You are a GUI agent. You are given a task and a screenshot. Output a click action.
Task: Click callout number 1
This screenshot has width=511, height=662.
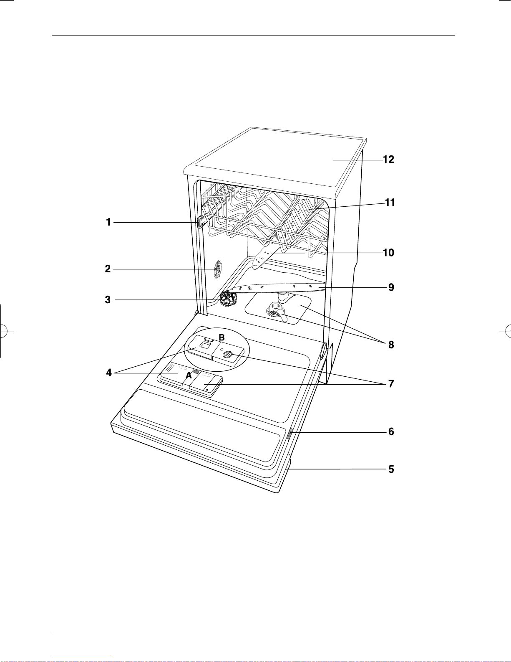(108, 222)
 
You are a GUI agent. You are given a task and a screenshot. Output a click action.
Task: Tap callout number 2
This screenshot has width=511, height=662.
(108, 269)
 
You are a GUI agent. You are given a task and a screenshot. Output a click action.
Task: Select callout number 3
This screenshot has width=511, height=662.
(108, 299)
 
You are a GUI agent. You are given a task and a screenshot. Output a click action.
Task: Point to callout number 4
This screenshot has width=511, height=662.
(109, 372)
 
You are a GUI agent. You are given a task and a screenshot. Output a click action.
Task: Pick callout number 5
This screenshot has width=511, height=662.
(391, 469)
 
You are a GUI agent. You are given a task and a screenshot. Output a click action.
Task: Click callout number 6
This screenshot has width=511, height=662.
(391, 431)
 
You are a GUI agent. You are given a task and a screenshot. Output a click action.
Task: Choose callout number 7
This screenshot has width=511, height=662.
(391, 383)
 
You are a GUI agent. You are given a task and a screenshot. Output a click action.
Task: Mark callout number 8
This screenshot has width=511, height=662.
(391, 345)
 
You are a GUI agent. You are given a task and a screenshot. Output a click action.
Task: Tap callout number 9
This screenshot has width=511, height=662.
(391, 287)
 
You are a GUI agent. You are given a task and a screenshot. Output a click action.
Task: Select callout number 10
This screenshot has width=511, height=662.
(388, 252)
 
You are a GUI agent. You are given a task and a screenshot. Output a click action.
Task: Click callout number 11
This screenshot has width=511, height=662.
(390, 202)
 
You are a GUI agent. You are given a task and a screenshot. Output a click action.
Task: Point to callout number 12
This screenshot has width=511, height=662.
(388, 159)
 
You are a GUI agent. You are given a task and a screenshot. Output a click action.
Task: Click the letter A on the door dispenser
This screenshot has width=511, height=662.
(189, 375)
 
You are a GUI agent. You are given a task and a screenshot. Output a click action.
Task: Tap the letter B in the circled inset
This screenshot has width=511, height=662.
(222, 337)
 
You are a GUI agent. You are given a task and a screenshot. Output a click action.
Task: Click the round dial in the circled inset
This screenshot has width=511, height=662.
(228, 354)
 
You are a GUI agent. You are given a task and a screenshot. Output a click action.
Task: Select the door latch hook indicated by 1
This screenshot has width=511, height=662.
(201, 222)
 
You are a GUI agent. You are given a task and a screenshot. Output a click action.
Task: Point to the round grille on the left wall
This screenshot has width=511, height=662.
(218, 270)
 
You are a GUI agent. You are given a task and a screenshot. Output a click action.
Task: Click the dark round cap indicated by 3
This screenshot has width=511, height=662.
(228, 298)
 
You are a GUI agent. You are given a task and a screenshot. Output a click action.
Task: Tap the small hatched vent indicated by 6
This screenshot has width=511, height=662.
(289, 434)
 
